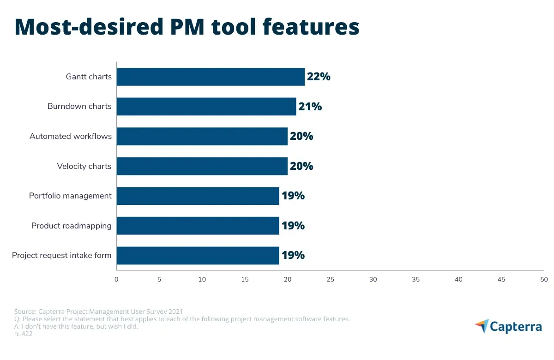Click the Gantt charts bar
(211, 77)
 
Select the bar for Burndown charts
(206, 106)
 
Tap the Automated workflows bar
(202, 136)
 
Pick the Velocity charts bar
(202, 166)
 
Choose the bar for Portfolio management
(198, 196)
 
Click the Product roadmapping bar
(198, 226)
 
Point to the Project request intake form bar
(198, 255)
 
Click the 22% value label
(319, 77)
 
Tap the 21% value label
(310, 107)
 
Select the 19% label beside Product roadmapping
(293, 226)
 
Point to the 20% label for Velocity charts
(301, 166)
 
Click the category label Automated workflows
(71, 136)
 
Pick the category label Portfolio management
(70, 196)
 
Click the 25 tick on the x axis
(330, 279)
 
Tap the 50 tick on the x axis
(544, 279)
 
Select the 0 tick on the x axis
(116, 279)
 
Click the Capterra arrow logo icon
(482, 326)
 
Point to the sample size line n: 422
(23, 334)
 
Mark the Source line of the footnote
(98, 312)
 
